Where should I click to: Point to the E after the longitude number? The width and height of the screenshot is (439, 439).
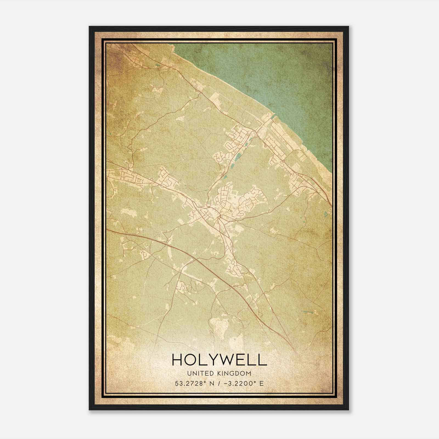[261, 383]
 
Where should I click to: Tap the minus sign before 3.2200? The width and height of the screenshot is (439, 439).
[226, 383]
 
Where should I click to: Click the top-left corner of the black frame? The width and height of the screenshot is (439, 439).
[89, 27]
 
